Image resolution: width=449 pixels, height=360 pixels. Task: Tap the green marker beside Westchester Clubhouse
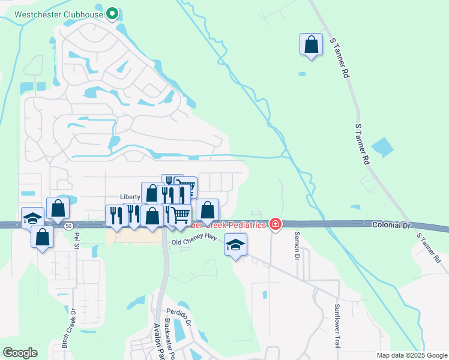[x=112, y=13]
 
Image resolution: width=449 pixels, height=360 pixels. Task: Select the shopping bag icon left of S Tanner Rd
[x=311, y=44]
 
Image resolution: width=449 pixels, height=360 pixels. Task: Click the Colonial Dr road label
[x=391, y=224]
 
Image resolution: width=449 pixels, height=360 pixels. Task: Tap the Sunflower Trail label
[x=337, y=326]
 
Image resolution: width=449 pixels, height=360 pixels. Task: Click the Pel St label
[x=76, y=241]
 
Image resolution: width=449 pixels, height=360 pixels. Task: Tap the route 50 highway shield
[x=70, y=225]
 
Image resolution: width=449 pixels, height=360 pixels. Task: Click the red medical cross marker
[x=276, y=224]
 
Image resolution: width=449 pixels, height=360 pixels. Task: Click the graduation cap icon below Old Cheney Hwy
[x=236, y=244]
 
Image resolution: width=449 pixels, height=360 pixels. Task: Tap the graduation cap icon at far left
[x=32, y=218]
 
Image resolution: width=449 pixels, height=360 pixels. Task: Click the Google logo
[x=20, y=353]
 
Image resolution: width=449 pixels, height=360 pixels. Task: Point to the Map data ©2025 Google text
[x=412, y=355]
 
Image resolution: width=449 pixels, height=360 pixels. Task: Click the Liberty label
[x=130, y=197]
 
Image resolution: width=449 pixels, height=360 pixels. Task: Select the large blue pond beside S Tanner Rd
[x=382, y=146]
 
